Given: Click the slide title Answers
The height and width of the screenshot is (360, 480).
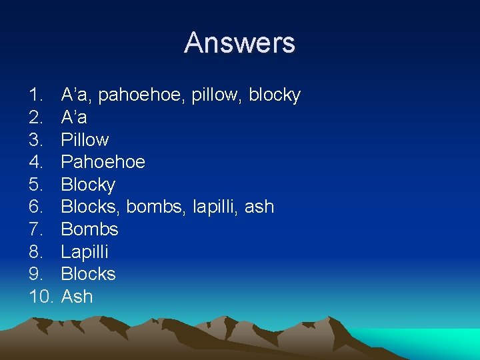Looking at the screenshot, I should coord(239,43).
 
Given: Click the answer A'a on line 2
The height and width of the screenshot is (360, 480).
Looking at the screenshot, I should coord(74,117).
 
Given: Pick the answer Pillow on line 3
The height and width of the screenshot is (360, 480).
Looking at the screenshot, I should coord(85,140).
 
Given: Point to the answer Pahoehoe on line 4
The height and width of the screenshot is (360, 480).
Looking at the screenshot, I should coord(103,162).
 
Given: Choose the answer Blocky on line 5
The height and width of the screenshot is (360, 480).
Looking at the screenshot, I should coord(88,185).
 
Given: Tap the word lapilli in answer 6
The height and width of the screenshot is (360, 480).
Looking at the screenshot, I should coord(215,207).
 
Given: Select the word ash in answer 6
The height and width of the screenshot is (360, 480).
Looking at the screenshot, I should coord(259,207).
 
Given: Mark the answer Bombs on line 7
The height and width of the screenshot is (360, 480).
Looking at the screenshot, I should coord(89,229).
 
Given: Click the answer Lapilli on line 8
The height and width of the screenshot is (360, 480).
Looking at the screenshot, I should coord(85,252).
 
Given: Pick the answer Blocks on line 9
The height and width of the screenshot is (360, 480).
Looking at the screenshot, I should coord(88,274).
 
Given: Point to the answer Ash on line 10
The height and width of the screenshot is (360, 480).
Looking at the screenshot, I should coord(77,297).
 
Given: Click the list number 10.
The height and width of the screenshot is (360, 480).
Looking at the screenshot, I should coord(41,297).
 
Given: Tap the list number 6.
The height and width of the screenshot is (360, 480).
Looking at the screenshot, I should coord(36,207).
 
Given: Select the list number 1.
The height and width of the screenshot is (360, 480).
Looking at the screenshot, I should coord(36,95).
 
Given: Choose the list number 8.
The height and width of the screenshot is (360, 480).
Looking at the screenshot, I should coord(36,252).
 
